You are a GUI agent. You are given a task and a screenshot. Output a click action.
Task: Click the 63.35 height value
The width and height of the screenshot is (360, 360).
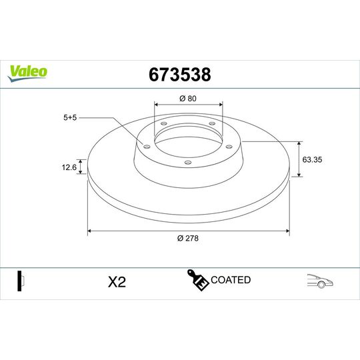click(313, 160)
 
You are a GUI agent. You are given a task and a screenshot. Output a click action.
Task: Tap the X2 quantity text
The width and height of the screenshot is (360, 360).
click(117, 282)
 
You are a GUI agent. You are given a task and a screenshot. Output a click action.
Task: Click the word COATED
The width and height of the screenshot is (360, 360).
click(231, 280)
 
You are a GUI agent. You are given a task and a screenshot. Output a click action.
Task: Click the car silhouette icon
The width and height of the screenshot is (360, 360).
click(319, 281)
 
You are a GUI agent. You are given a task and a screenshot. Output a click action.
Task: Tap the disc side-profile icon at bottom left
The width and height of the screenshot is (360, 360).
click(20, 281)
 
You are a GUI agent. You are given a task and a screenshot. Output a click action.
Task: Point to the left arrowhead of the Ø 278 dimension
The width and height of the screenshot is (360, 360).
click(90, 231)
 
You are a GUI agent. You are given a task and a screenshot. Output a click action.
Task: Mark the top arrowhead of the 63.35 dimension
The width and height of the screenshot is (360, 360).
click(299, 142)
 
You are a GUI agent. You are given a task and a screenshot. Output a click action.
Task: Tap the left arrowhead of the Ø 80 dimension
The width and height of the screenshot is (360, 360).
click(157, 105)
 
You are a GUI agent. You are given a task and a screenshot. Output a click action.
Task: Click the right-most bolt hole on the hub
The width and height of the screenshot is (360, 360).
click(227, 147)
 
